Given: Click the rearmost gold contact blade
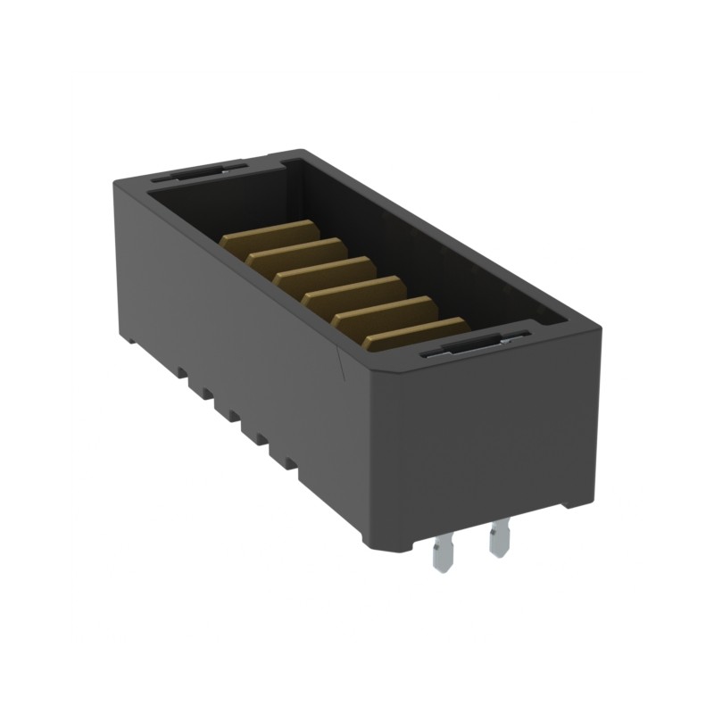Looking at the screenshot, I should [x=268, y=234].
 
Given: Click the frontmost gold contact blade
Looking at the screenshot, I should [x=416, y=332].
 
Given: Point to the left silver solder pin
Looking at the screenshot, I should [x=442, y=553].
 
